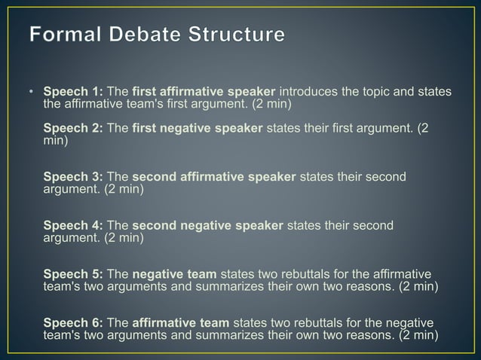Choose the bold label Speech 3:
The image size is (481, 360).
[x=73, y=177]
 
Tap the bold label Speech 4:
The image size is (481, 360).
[x=73, y=225]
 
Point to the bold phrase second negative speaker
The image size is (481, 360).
[x=207, y=225]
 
